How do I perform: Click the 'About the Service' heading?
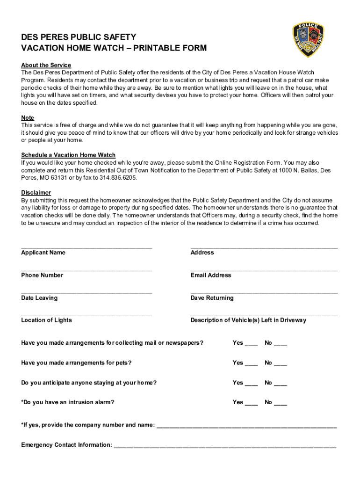(46, 65)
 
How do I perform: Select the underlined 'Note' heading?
(28, 118)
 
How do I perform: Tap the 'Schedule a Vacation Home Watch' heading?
(68, 155)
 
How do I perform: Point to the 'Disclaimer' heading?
(36, 193)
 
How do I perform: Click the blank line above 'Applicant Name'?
(86, 247)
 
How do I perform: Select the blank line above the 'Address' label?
(264, 247)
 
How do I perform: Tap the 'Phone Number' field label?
(42, 276)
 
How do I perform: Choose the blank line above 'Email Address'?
(264, 269)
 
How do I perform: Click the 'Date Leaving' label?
(39, 298)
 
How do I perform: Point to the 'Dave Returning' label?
(212, 298)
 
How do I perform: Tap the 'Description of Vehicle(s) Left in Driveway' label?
(248, 320)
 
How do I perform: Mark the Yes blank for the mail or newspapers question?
(252, 345)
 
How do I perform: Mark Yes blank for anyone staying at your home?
(252, 385)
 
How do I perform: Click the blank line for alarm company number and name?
(246, 427)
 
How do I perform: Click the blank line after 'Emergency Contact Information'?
(225, 447)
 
